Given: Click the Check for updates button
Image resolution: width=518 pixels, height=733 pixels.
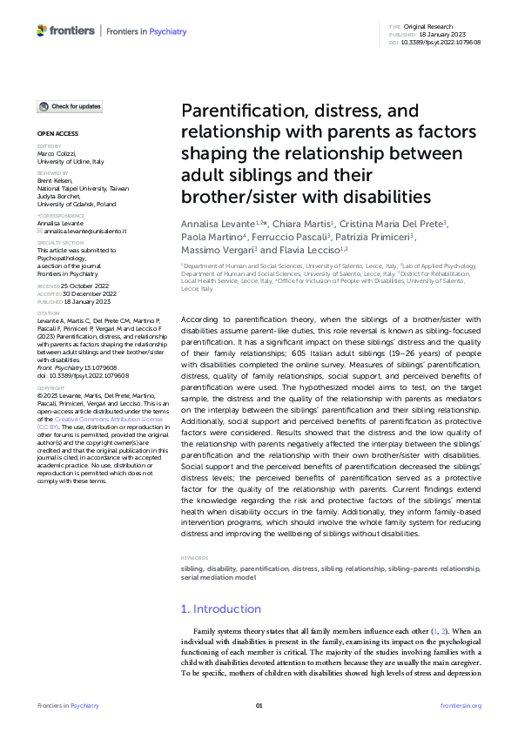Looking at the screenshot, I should (70, 107).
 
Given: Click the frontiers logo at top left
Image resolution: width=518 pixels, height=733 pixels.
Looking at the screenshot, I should (66, 31).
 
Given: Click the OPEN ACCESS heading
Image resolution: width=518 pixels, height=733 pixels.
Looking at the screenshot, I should (57, 133).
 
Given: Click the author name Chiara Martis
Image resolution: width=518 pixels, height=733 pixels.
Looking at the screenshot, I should (309, 224).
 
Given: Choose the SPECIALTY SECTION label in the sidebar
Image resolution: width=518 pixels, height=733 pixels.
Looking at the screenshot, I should (58, 245).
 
